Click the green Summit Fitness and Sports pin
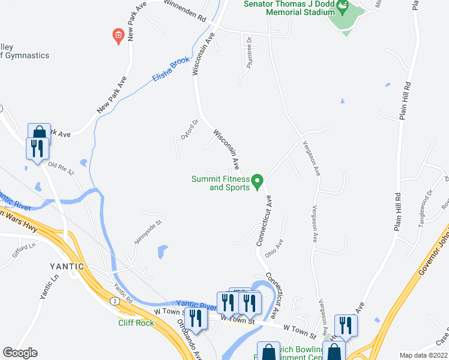(258, 180)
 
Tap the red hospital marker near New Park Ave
(119, 35)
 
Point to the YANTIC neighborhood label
(67, 266)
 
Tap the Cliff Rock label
(136, 323)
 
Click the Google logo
(20, 352)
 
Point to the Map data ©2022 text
(424, 355)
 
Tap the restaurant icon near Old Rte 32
(37, 148)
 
